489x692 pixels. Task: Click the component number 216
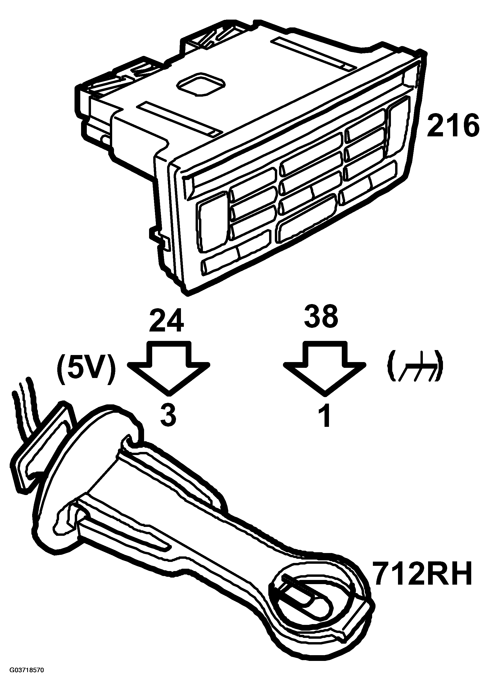pyautogui.click(x=453, y=125)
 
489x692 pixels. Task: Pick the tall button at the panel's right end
pyautogui.click(x=398, y=127)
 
